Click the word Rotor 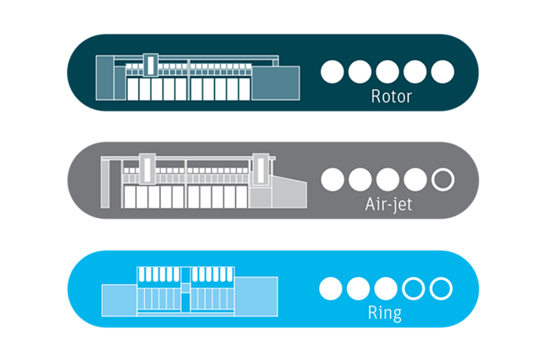click(x=392, y=96)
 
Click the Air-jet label click(x=388, y=205)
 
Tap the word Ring click(x=385, y=313)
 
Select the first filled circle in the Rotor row click(x=332, y=72)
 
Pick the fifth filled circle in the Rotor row click(x=443, y=72)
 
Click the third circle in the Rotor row click(x=387, y=72)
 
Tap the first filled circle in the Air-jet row click(x=333, y=179)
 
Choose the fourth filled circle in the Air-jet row click(x=415, y=179)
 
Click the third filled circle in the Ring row click(x=385, y=289)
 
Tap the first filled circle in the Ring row click(x=331, y=289)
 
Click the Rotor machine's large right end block click(x=275, y=83)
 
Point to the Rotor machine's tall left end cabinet click(x=104, y=78)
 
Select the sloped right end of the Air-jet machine click(x=289, y=192)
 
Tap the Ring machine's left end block click(x=119, y=300)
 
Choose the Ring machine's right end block click(x=256, y=297)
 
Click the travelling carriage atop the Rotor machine click(x=151, y=65)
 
